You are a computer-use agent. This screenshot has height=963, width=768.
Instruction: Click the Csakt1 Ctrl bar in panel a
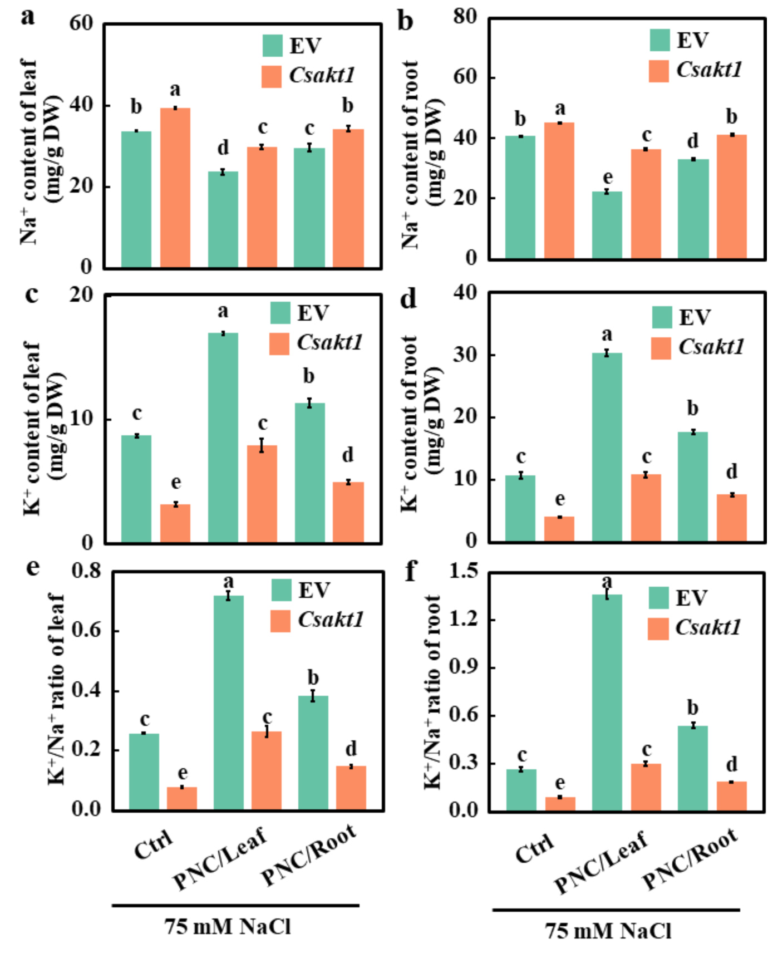[175, 188]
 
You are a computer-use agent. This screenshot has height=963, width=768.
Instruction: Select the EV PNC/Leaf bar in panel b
[607, 225]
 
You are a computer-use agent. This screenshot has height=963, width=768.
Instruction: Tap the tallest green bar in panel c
[223, 438]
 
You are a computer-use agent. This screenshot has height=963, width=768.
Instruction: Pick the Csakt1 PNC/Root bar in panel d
[731, 518]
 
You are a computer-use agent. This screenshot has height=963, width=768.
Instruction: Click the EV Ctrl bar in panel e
[144, 772]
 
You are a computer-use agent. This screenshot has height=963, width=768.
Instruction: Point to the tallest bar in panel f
[607, 702]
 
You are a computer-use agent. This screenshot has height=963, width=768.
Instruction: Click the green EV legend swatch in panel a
[273, 46]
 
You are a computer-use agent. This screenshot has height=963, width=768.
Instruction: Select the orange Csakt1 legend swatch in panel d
[661, 348]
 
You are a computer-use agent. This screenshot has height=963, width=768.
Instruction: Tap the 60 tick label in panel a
[81, 23]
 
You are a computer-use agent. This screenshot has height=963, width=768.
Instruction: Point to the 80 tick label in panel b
[465, 17]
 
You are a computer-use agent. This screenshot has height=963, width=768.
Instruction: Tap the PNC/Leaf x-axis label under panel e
[220, 857]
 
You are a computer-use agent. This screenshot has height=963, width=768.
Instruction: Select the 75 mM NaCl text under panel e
[227, 927]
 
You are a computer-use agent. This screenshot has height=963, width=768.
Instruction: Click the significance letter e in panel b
[608, 177]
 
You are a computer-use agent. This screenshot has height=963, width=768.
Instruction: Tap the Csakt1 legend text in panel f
[708, 627]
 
